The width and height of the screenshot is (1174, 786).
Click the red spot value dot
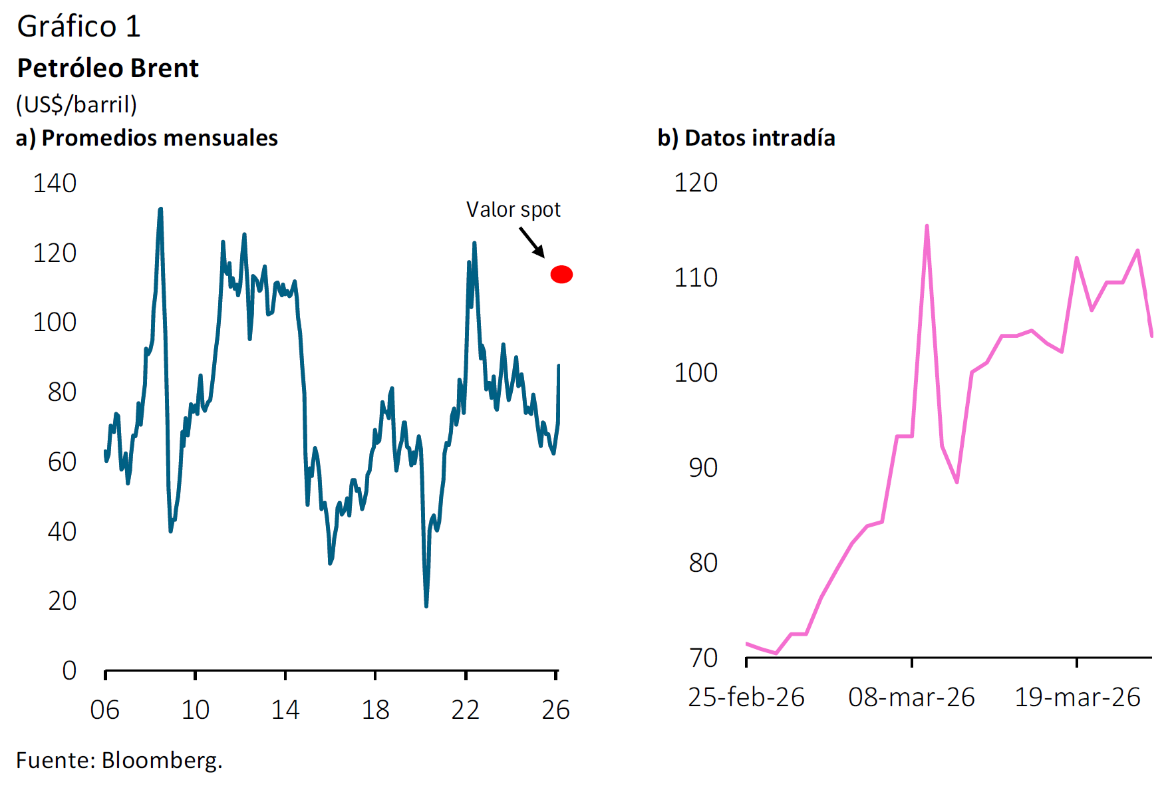pos(561,274)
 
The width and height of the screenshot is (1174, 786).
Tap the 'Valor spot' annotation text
pos(513,209)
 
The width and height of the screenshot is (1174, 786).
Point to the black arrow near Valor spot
pos(531,242)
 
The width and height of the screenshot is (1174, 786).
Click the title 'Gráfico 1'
pos(78,27)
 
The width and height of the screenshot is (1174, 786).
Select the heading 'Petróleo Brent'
pos(108,68)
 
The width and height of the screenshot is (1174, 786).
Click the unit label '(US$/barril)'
pos(76,104)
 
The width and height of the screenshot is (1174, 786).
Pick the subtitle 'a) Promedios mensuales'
pos(146,138)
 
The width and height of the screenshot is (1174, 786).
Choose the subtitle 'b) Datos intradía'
pos(746,138)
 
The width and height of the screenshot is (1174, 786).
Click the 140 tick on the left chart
pos(55,184)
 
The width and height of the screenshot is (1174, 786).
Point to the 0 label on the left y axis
pos(69,670)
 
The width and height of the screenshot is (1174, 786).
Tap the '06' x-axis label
pos(105,710)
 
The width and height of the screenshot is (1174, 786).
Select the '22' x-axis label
pos(465,710)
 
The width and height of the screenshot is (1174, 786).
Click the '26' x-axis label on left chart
pos(555,710)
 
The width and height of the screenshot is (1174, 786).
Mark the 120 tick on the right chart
pos(696,183)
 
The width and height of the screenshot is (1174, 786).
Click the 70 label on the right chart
pos(703,658)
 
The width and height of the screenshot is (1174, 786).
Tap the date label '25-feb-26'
pos(746,697)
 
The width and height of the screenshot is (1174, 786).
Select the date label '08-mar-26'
pos(911,697)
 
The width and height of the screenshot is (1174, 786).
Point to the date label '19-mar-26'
pos(1077,697)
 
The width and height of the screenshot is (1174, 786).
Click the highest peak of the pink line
pos(927,227)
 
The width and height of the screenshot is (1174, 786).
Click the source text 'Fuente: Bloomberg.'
pos(119,760)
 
